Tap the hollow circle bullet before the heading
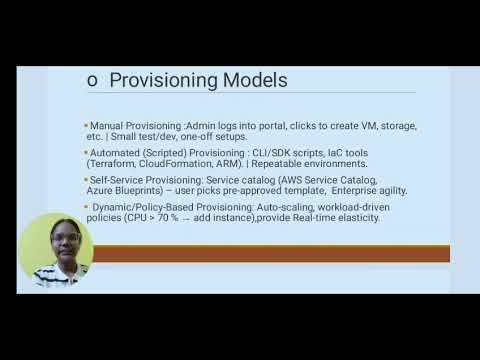coord(91,80)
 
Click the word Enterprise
coord(330,190)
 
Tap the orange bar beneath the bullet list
coord(270,253)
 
